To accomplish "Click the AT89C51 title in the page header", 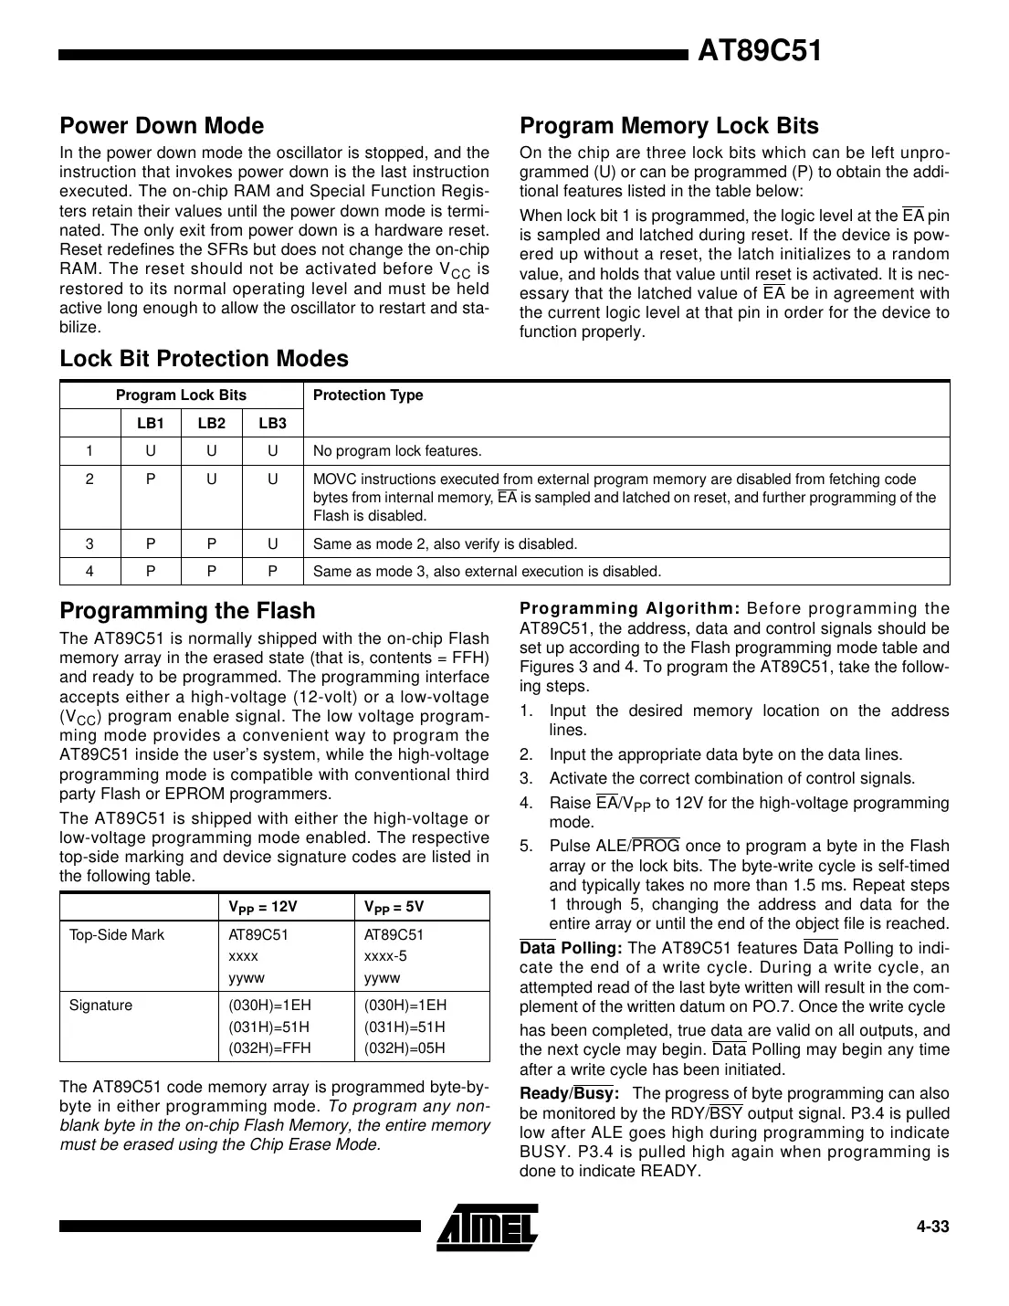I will (x=760, y=51).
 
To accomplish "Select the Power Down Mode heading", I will (x=162, y=126).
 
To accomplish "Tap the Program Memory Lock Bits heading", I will (x=668, y=126).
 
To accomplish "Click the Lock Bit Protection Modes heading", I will (x=204, y=359).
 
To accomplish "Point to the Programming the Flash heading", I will (x=187, y=611).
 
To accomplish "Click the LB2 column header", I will (x=211, y=423).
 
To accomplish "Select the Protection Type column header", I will (x=368, y=395).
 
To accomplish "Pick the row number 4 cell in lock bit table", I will (x=89, y=572).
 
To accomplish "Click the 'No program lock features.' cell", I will (x=397, y=451).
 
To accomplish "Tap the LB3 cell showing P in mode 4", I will (x=272, y=572).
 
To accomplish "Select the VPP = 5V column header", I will (x=394, y=907).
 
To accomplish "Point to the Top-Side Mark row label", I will (x=117, y=935).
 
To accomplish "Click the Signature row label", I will (x=100, y=1006).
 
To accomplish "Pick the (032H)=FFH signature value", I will (x=269, y=1048).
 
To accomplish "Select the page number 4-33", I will (x=933, y=1227).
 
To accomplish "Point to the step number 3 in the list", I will (x=526, y=779).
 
